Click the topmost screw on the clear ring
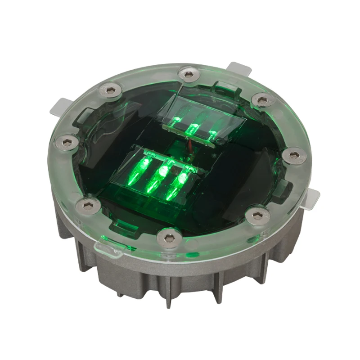coord(189,74)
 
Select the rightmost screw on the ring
coord(294,156)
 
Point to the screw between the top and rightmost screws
coord(263,100)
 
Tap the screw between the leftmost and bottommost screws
coord(88,206)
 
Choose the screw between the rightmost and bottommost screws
coord(257,216)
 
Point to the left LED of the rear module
coord(176,122)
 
